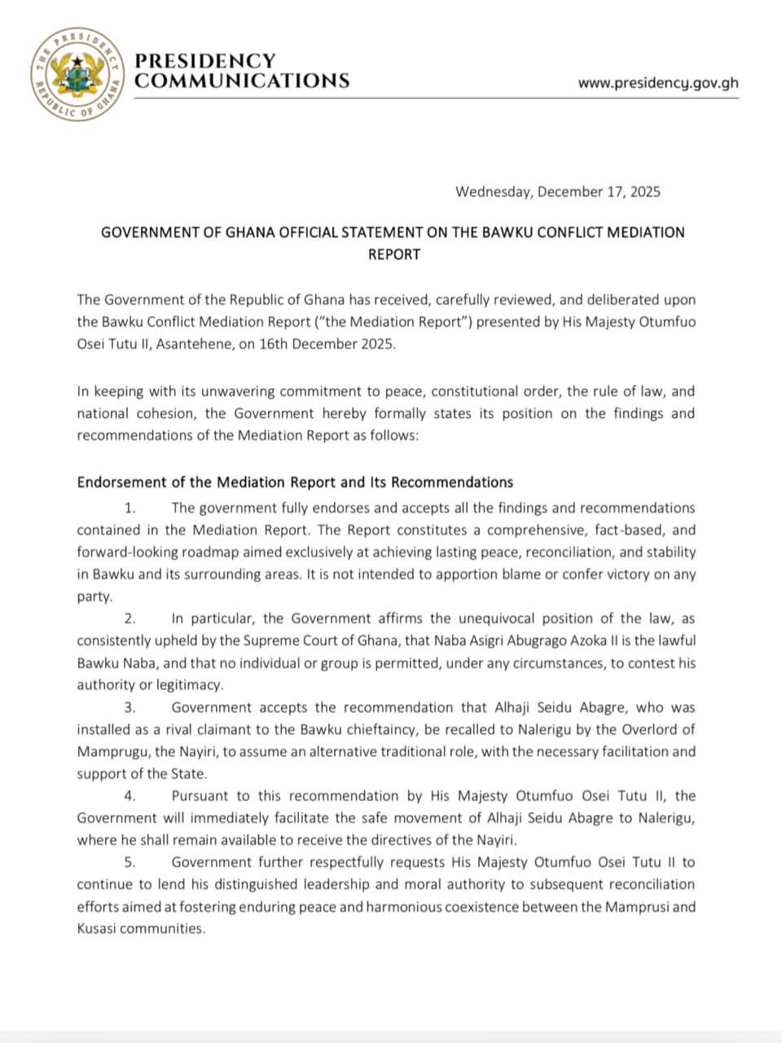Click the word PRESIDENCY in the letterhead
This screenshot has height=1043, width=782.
click(204, 61)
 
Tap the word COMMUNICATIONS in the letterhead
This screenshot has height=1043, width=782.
click(242, 81)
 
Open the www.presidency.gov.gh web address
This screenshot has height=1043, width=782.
click(658, 82)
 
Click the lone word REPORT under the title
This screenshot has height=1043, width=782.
click(394, 254)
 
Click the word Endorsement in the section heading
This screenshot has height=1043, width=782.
click(120, 482)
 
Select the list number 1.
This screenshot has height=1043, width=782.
click(130, 508)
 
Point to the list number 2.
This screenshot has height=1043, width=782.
click(130, 619)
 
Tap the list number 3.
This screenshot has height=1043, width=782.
click(130, 707)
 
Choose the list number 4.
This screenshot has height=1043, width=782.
click(130, 796)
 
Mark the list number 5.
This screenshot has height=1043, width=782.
click(130, 862)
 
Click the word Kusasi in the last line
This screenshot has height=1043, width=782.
click(97, 928)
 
